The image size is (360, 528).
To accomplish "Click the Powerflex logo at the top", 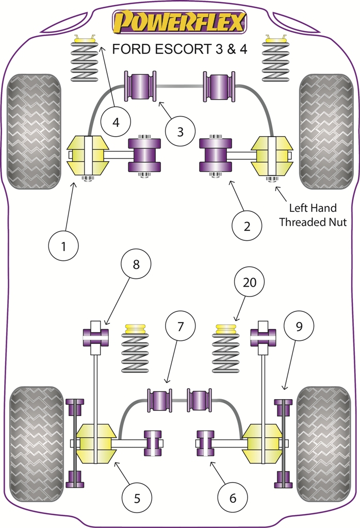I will point(179,23).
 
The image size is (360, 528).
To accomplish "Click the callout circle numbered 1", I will point(63,246).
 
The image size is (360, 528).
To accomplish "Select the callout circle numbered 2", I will point(247,225).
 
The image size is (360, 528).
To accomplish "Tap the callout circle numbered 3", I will point(179,131).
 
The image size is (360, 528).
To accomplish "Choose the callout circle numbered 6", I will point(232,498).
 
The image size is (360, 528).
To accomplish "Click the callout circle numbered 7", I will point(181,326).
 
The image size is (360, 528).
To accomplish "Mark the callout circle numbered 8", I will point(136,265).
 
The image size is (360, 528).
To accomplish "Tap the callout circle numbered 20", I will point(249,282).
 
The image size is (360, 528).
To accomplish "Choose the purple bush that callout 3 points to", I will point(140,86).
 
